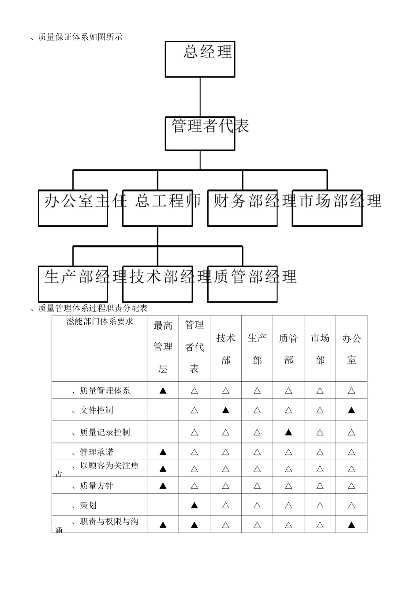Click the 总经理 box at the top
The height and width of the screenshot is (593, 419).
(x=200, y=59)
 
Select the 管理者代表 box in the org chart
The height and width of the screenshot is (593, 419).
(x=200, y=133)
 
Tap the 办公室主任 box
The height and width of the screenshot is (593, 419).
(x=73, y=208)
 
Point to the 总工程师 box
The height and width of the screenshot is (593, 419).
(x=157, y=208)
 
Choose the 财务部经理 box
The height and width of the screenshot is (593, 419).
(x=242, y=208)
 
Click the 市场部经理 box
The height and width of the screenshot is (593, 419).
(x=327, y=208)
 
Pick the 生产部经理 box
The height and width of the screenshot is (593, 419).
(x=73, y=284)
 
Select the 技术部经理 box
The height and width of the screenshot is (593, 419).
(x=157, y=284)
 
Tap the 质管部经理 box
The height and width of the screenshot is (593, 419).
(x=242, y=284)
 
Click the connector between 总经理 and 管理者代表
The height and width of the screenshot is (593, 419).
(x=200, y=97)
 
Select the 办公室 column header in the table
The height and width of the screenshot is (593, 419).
(x=352, y=349)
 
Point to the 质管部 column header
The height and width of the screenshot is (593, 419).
(x=288, y=349)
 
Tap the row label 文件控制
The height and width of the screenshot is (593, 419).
(x=96, y=410)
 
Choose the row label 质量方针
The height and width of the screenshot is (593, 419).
(x=96, y=486)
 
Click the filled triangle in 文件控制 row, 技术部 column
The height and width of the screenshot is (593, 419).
(x=226, y=410)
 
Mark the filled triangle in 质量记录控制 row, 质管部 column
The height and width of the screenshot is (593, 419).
(x=288, y=432)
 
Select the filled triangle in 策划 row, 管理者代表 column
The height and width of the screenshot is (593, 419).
(x=194, y=505)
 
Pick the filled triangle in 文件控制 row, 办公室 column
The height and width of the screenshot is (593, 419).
(x=352, y=410)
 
